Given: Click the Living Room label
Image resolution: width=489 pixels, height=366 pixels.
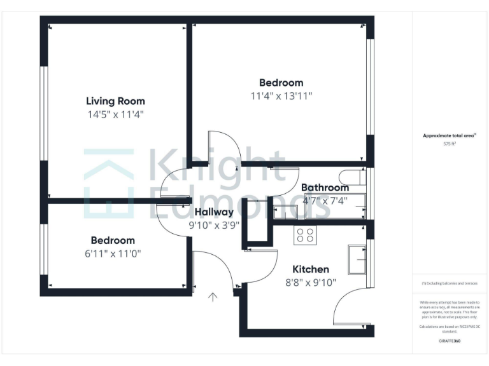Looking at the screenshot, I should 115,101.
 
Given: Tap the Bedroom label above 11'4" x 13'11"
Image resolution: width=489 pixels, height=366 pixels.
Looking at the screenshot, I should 281,83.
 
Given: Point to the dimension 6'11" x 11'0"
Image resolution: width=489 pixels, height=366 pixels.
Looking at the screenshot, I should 113,253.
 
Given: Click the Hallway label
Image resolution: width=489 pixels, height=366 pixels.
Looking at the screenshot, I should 214,212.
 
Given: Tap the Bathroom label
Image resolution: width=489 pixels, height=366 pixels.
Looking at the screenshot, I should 325,187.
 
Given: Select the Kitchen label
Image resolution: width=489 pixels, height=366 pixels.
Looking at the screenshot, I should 311,269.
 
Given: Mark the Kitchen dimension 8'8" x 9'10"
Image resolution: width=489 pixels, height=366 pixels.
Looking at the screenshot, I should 311,283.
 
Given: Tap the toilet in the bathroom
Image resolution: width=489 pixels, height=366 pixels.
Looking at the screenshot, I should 351,177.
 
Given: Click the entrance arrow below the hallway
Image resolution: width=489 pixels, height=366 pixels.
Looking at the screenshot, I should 213,296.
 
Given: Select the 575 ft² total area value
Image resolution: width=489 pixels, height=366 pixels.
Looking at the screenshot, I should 450,144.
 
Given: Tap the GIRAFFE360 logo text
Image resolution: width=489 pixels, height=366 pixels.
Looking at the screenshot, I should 450,341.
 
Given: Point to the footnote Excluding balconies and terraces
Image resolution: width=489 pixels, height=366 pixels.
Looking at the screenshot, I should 450,283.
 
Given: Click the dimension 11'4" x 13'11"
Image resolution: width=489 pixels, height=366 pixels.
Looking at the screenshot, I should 281,96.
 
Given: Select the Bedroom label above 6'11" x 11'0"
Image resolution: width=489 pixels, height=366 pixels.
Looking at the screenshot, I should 113,240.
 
